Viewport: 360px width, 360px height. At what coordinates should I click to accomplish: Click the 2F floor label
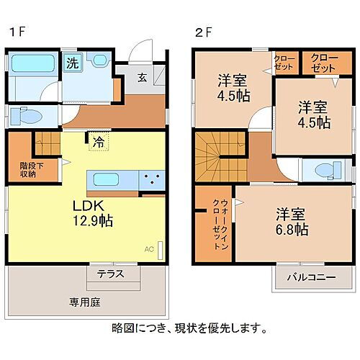pyautogui.click(x=202, y=32)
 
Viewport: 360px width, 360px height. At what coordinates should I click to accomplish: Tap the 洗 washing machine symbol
pyautogui.click(x=72, y=63)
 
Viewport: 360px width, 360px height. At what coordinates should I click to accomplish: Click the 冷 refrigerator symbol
pyautogui.click(x=96, y=141)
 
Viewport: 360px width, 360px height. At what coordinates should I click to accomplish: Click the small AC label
pyautogui.click(x=149, y=249)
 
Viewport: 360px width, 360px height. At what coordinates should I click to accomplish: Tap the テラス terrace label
pyautogui.click(x=110, y=274)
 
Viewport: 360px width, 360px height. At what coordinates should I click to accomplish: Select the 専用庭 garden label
pyautogui.click(x=84, y=302)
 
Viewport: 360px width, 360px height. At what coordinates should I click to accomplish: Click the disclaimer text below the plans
pyautogui.click(x=189, y=328)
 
